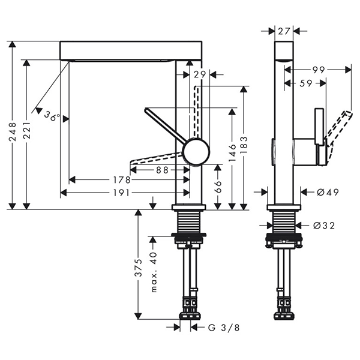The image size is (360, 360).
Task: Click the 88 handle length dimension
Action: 162,170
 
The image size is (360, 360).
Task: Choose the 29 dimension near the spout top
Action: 200,74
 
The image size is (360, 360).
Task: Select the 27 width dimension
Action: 284,31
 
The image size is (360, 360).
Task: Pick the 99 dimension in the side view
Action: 318,70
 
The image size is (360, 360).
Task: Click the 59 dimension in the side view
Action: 305,84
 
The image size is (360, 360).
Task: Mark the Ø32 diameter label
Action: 323,226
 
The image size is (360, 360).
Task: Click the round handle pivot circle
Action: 196,151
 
